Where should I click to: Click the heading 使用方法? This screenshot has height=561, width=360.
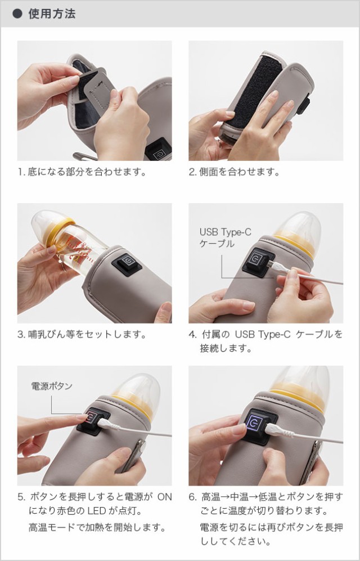coord(52,14)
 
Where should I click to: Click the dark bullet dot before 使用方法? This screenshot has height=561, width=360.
coord(17,14)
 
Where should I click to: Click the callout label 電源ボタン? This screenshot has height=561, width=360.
coord(52,386)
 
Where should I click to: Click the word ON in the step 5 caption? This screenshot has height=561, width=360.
coord(164,497)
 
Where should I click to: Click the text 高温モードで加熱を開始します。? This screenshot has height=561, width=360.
coord(97,527)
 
